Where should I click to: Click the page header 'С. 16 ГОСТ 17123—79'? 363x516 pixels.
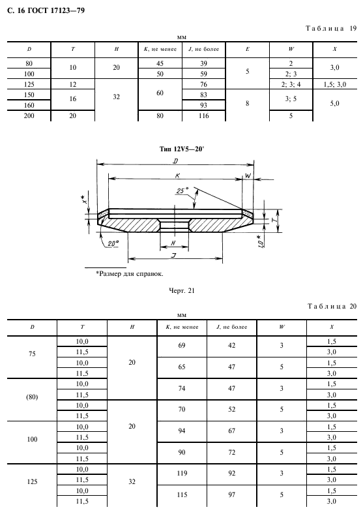pos(46,10)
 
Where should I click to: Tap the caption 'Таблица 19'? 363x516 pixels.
pos(331,28)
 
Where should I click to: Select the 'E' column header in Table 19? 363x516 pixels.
pos(247,49)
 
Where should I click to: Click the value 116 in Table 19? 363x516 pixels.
pos(203,115)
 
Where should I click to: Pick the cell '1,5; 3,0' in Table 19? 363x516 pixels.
pos(335,84)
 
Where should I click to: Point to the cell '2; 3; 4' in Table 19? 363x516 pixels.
pos(291,84)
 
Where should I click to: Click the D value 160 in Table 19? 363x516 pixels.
pos(29,105)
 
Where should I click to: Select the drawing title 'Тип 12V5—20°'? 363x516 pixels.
pos(182,149)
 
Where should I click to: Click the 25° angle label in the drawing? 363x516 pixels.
pos(182,190)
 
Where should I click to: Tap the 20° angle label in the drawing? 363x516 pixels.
pos(113,243)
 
